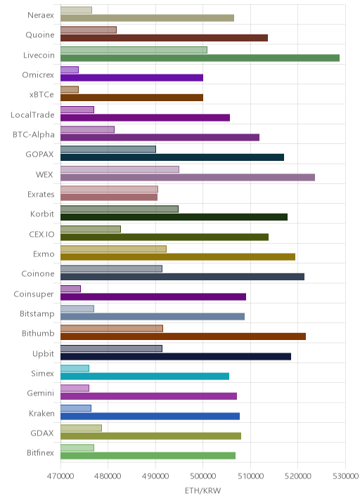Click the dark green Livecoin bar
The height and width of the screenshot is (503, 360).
point(200,58)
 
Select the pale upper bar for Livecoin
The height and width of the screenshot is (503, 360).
point(134,50)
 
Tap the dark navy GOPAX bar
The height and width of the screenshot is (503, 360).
point(172,157)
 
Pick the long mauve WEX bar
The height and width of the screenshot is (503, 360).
point(188,178)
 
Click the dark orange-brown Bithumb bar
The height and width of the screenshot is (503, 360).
point(183,337)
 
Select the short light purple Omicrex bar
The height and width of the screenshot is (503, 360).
point(70,70)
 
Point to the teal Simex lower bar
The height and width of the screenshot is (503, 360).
point(145,377)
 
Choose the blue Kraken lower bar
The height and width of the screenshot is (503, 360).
point(150,416)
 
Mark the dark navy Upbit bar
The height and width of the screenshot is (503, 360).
point(176,356)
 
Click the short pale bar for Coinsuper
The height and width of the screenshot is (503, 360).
point(70,289)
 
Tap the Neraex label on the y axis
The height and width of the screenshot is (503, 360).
point(41,15)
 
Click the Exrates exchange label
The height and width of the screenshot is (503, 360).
point(41,194)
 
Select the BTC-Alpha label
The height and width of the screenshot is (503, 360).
point(34,134)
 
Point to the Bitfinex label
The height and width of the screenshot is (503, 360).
point(41,452)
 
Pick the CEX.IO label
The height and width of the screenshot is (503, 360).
point(41,234)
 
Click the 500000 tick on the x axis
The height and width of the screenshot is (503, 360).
point(203,476)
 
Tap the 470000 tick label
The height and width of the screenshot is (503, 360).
point(60,476)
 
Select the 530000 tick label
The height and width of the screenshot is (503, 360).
point(345,476)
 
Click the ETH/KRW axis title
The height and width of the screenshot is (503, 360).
point(203,490)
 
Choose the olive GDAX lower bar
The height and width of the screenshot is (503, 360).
point(151,436)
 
